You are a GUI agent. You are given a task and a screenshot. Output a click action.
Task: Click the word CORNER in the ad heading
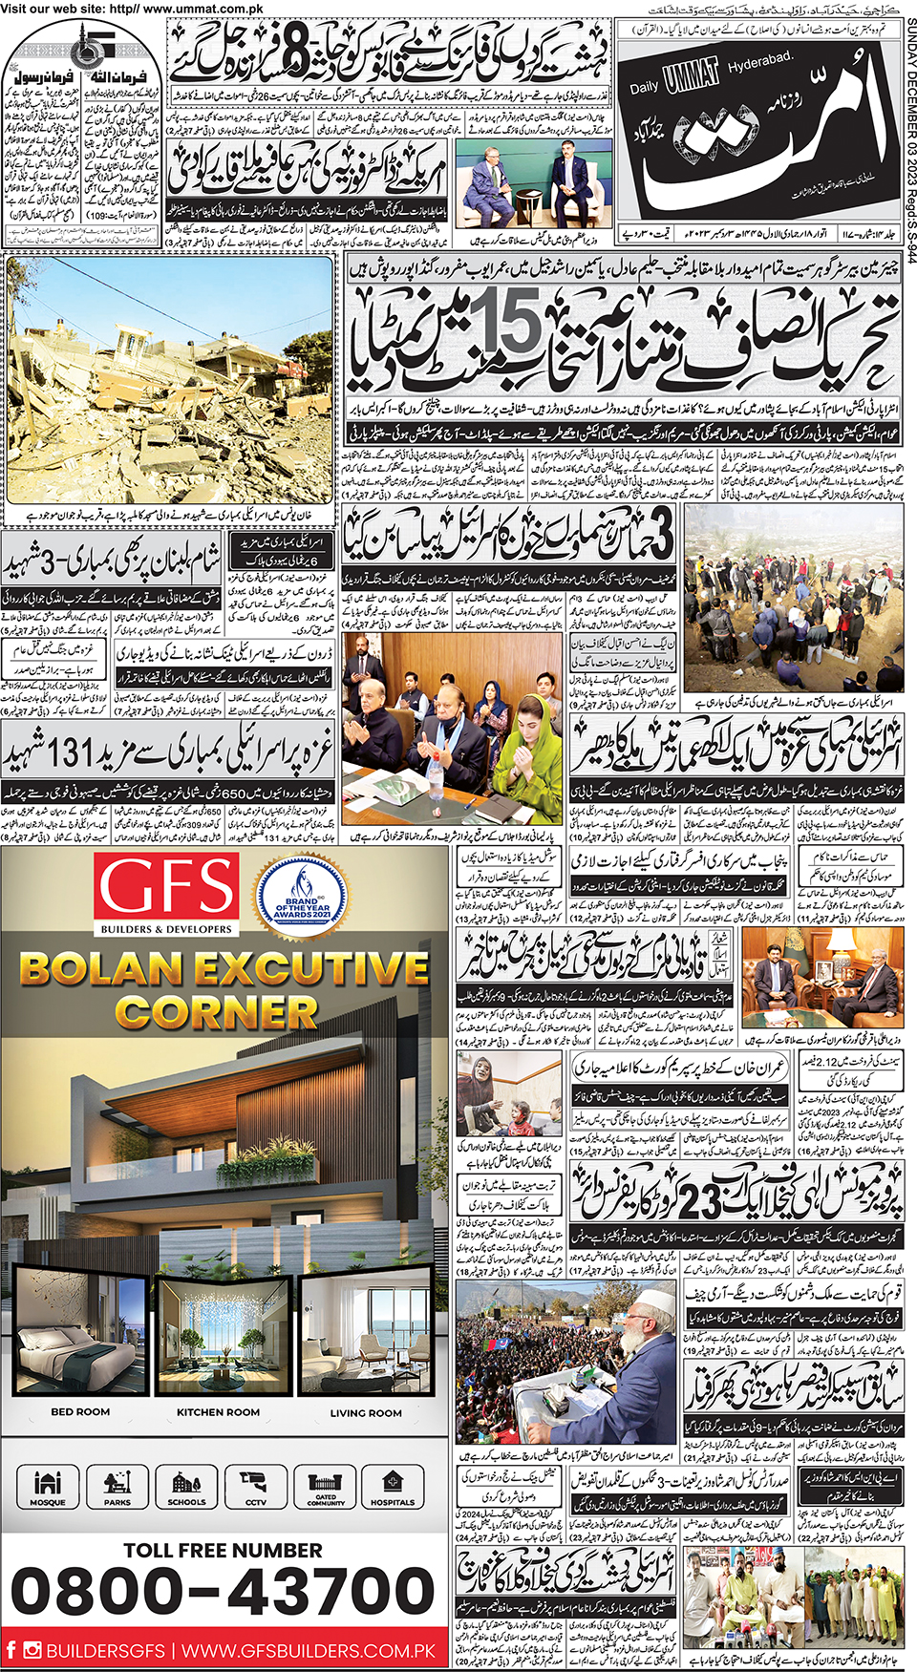coord(217,1012)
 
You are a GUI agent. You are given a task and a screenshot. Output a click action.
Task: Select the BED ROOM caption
coord(80,1411)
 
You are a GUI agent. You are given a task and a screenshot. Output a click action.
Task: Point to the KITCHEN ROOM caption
coord(218,1411)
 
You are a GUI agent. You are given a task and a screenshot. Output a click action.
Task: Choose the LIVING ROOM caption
coord(366,1412)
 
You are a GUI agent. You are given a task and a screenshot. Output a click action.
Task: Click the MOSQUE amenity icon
coord(48,1487)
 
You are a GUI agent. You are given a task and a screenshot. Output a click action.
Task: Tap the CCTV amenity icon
coord(255,1487)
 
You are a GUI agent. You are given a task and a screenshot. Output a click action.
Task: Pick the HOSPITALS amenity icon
coord(392,1487)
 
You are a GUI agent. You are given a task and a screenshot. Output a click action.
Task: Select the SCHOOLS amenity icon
coord(186,1487)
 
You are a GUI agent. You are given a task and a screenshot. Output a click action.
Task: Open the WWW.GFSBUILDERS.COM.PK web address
coord(309,1650)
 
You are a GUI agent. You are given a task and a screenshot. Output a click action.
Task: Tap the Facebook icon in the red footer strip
coord(11,1649)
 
